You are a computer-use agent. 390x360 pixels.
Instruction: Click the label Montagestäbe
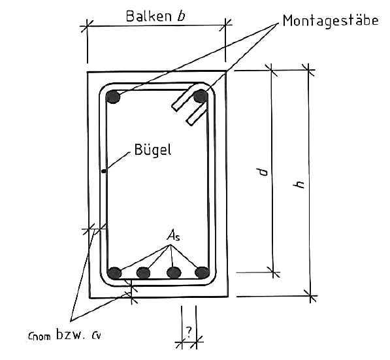click(x=331, y=20)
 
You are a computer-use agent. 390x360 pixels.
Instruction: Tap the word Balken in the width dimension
click(x=149, y=16)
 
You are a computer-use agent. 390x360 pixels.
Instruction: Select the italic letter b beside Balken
click(x=181, y=16)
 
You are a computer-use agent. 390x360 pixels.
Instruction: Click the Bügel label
click(x=153, y=150)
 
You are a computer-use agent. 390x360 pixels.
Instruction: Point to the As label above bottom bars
click(x=173, y=235)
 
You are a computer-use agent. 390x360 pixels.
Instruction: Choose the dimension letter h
click(x=299, y=184)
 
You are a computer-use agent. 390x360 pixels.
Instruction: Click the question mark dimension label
click(x=189, y=332)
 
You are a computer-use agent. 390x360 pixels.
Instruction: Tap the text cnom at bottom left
click(x=39, y=336)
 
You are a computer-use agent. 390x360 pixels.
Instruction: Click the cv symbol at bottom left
click(x=96, y=336)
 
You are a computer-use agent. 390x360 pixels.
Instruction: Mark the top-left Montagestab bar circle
click(x=113, y=97)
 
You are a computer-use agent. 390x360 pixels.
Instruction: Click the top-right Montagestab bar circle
click(x=200, y=96)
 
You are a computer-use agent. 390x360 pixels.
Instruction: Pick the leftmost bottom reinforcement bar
click(x=114, y=273)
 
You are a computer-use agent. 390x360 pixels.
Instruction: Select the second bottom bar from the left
click(x=144, y=272)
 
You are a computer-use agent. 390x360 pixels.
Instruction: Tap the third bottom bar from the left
click(x=174, y=272)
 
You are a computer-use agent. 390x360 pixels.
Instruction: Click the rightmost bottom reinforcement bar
click(x=201, y=272)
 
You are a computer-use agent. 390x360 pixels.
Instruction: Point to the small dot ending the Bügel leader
click(x=104, y=171)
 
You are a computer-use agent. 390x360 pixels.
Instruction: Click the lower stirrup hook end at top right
click(x=189, y=122)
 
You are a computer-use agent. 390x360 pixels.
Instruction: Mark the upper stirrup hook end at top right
click(x=174, y=108)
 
